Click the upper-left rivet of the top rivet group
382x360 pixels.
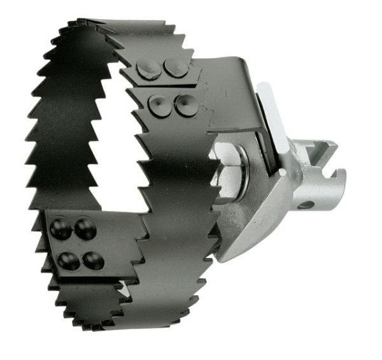click(x=150, y=69)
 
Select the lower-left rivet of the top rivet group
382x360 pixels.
click(x=159, y=106)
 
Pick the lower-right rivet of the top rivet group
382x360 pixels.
click(x=185, y=104)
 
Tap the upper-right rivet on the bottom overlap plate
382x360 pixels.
click(x=85, y=228)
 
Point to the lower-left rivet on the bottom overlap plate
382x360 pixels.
click(x=67, y=259)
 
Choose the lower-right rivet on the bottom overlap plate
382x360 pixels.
click(x=94, y=259)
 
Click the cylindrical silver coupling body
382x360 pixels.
click(x=306, y=185)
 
